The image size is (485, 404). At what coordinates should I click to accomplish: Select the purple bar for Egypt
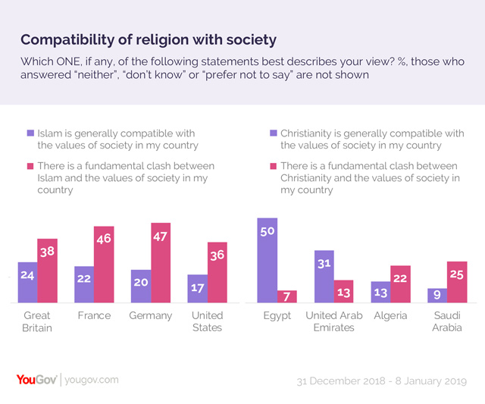267,261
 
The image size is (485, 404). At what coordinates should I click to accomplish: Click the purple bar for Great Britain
27,282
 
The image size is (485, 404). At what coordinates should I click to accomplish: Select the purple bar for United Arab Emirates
324,277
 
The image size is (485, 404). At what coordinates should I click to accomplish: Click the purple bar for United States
197,289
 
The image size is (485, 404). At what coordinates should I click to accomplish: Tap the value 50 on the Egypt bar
267,231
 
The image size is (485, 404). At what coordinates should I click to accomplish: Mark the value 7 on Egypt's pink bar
286,295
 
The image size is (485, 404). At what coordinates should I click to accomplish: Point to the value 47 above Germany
160,236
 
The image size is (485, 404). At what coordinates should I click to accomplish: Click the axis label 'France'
94,315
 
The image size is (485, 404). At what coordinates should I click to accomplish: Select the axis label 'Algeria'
390,315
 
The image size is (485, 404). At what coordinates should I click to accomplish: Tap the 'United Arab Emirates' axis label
333,321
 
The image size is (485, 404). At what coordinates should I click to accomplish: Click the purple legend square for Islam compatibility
30,134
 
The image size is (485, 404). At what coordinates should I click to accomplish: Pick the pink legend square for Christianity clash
273,166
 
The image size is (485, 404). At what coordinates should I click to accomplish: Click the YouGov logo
37,379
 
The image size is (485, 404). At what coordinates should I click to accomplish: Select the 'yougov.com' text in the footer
91,379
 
